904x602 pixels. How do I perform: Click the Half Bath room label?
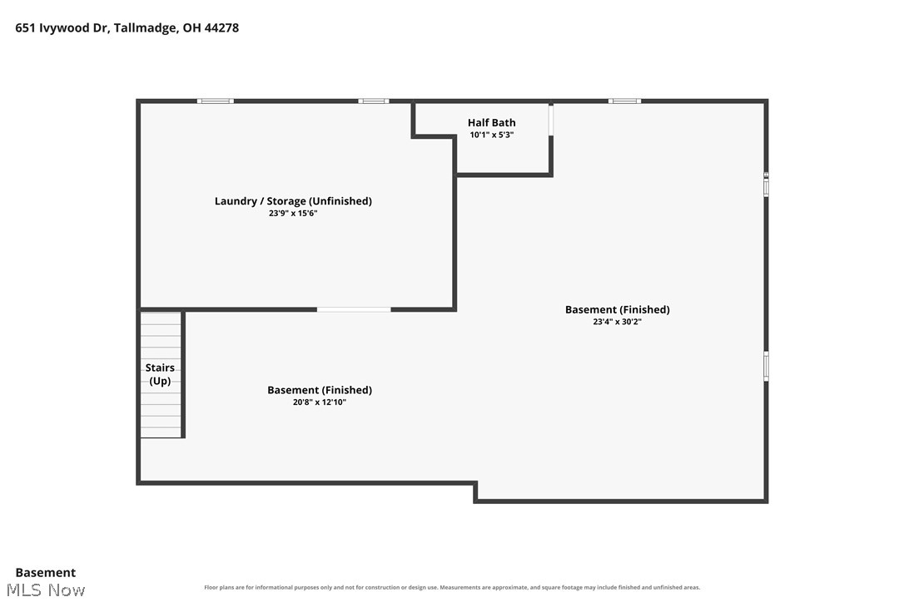click(491, 122)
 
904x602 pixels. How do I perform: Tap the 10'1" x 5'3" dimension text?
click(491, 135)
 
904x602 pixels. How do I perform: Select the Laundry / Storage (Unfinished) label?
click(293, 201)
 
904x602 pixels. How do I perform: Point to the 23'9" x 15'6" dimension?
click(293, 213)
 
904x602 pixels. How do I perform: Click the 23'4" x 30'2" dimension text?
click(617, 322)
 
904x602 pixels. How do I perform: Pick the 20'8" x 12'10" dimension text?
click(320, 402)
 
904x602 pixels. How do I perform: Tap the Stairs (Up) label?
click(160, 374)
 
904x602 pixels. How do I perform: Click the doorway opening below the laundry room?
click(354, 310)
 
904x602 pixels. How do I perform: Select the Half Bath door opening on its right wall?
click(550, 120)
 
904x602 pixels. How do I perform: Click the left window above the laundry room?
click(215, 101)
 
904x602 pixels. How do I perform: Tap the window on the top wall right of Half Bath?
click(624, 101)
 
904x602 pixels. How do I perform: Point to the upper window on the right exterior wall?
click(766, 185)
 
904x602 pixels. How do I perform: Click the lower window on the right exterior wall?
click(766, 366)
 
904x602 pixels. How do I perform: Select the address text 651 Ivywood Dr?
click(62, 28)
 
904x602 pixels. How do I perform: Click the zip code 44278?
click(221, 27)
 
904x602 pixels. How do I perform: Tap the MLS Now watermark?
click(46, 590)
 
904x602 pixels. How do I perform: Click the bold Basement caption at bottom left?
click(46, 573)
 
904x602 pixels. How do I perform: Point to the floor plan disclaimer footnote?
click(452, 588)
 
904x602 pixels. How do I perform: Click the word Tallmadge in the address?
click(145, 28)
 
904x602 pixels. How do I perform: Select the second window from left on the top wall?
click(374, 101)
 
